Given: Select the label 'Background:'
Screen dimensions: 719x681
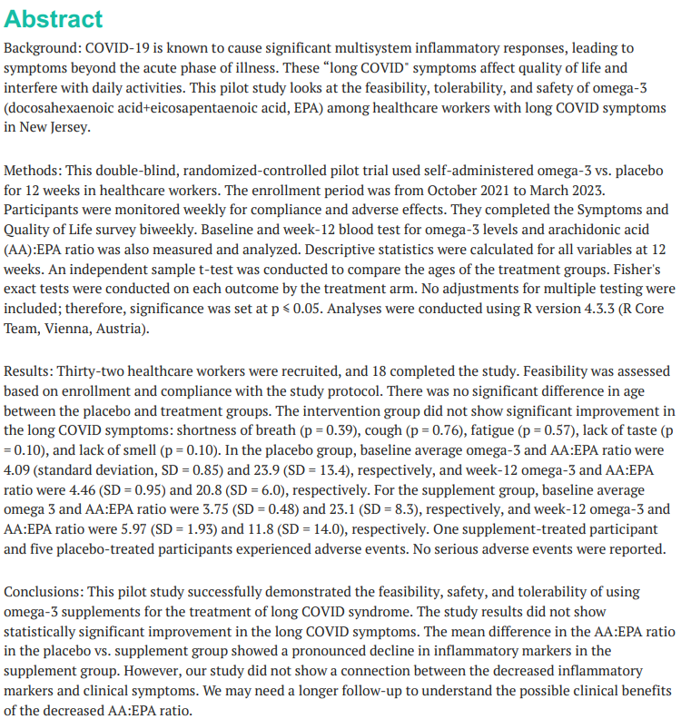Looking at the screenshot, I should (43, 47).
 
